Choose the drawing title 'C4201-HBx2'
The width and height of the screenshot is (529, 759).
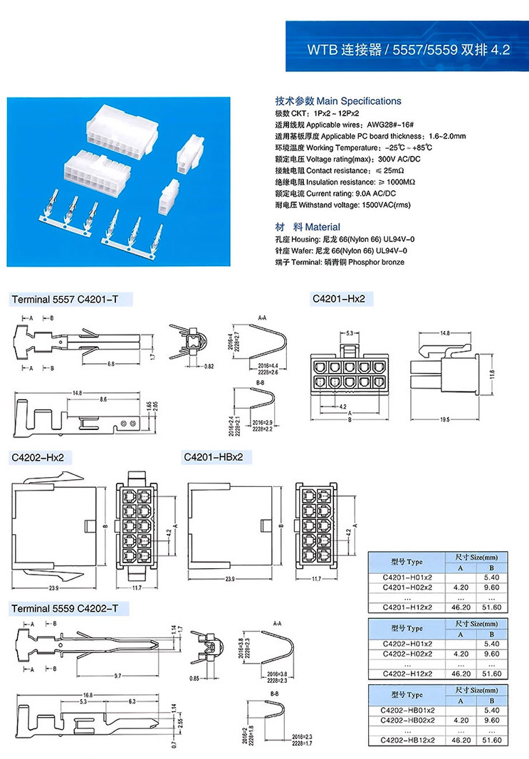tap(214, 456)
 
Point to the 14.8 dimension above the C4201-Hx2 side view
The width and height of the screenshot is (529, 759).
tap(444, 333)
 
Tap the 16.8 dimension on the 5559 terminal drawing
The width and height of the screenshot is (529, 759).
tap(88, 693)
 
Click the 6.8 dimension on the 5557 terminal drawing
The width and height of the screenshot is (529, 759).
tap(111, 364)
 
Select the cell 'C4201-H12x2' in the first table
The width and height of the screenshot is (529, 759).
tap(407, 607)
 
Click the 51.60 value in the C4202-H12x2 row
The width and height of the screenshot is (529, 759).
tap(491, 674)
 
